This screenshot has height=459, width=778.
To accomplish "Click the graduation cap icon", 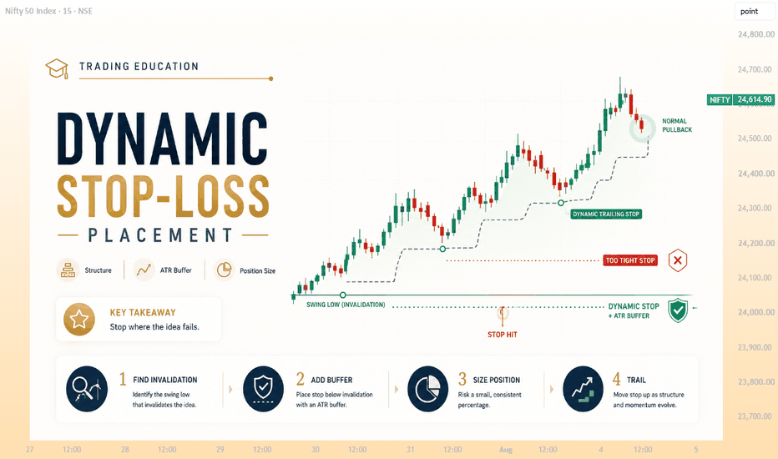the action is (57, 68).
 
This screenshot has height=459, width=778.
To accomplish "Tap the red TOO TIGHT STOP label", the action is (630, 260).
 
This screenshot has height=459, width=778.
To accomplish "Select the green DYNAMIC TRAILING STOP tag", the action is (606, 214).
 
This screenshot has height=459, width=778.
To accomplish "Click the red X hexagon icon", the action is (677, 260).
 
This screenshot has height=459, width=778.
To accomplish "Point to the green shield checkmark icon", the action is (678, 310).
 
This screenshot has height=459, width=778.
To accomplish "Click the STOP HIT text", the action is (503, 335).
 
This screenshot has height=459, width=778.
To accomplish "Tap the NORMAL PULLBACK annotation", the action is (677, 125).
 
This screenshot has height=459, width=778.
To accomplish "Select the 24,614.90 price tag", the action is (754, 100).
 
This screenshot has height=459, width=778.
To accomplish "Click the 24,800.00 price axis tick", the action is (755, 35).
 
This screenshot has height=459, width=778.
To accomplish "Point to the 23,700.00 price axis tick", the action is (755, 416).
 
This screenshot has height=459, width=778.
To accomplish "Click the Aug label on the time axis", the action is (506, 450).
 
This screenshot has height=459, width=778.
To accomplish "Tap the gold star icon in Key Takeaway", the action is (79, 320).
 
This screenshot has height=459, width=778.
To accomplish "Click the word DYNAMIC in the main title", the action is (163, 139).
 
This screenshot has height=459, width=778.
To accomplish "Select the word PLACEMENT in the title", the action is (160, 235).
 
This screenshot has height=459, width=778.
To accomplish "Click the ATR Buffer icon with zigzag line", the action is (144, 270).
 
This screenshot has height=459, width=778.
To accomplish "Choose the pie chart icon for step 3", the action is (427, 389).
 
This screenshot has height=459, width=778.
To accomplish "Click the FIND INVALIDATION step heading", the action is (164, 380).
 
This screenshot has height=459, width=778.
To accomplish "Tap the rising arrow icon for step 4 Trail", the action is (583, 389).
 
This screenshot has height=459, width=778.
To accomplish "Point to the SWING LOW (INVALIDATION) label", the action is (346, 305).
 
